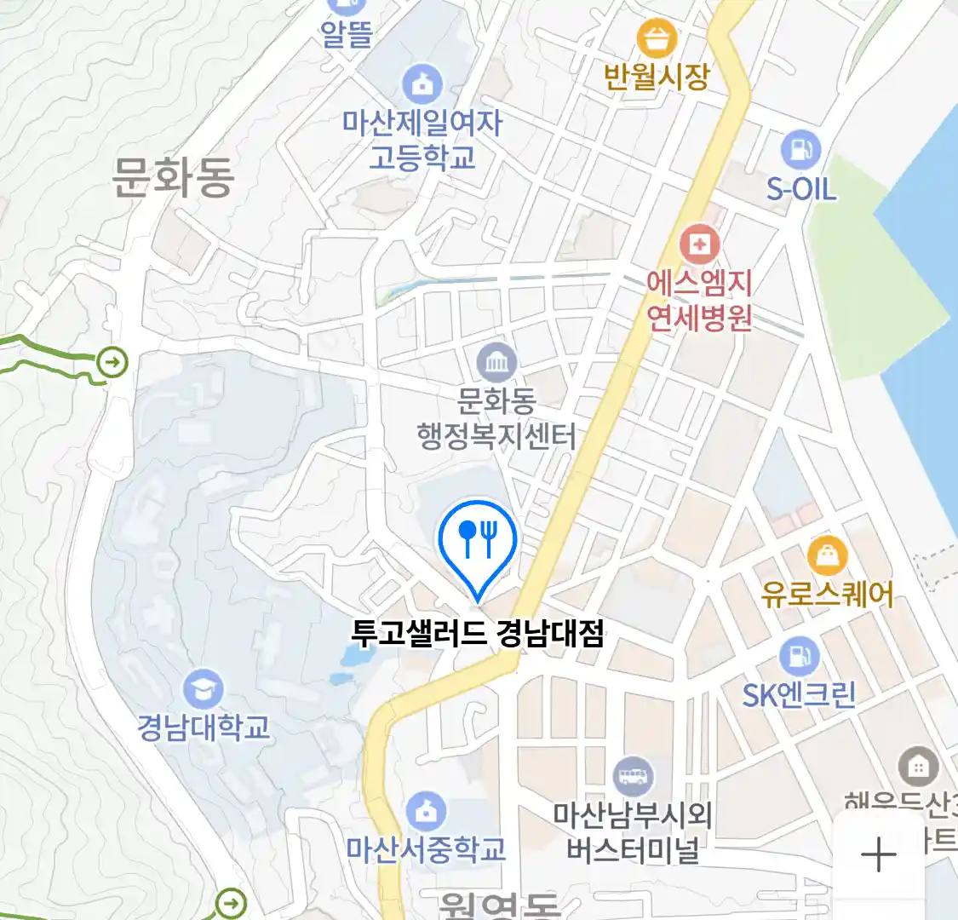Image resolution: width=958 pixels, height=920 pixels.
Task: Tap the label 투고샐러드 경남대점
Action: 478,633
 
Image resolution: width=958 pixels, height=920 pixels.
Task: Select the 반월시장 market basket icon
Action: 657,37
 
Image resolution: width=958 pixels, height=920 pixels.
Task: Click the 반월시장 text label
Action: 657,77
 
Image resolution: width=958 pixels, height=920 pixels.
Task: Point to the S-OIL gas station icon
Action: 800,149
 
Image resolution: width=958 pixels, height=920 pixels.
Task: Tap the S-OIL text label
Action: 800,189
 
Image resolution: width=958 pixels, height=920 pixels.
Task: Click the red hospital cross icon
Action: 699,245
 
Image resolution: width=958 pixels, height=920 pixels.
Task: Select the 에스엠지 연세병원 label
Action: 699,300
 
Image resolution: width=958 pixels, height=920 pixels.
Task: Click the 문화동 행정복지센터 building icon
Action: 496,363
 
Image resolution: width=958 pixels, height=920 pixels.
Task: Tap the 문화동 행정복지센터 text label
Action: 496,418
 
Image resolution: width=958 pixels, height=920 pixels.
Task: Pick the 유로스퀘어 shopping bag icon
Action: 826,557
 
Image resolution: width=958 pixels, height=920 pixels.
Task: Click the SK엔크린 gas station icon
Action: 799,656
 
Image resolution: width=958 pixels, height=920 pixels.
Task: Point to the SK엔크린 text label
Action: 799,695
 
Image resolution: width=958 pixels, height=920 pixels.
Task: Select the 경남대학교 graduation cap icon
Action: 203,688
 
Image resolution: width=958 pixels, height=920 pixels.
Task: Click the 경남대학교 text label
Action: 204,727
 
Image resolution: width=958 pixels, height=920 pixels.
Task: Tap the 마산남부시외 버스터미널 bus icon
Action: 633,776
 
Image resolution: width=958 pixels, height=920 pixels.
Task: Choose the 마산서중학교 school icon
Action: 425,811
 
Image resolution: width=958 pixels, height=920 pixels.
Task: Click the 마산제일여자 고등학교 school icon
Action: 422,83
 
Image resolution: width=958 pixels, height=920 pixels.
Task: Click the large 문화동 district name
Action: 173,177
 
